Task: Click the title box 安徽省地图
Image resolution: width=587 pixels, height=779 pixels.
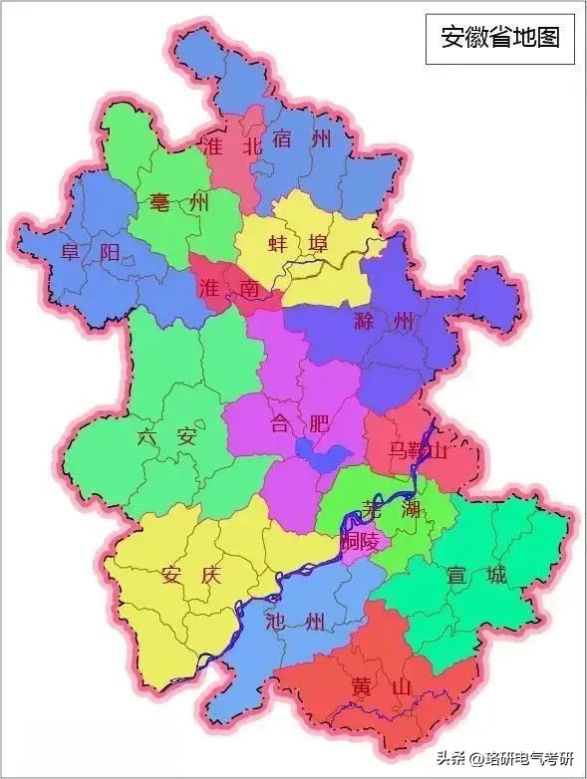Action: click(x=500, y=38)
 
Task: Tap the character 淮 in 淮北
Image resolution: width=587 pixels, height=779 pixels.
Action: click(x=211, y=144)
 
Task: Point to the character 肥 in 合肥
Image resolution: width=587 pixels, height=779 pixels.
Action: click(x=318, y=424)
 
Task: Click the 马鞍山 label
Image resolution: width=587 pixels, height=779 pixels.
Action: click(x=417, y=451)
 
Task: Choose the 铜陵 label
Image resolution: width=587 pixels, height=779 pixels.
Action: click(x=361, y=543)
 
